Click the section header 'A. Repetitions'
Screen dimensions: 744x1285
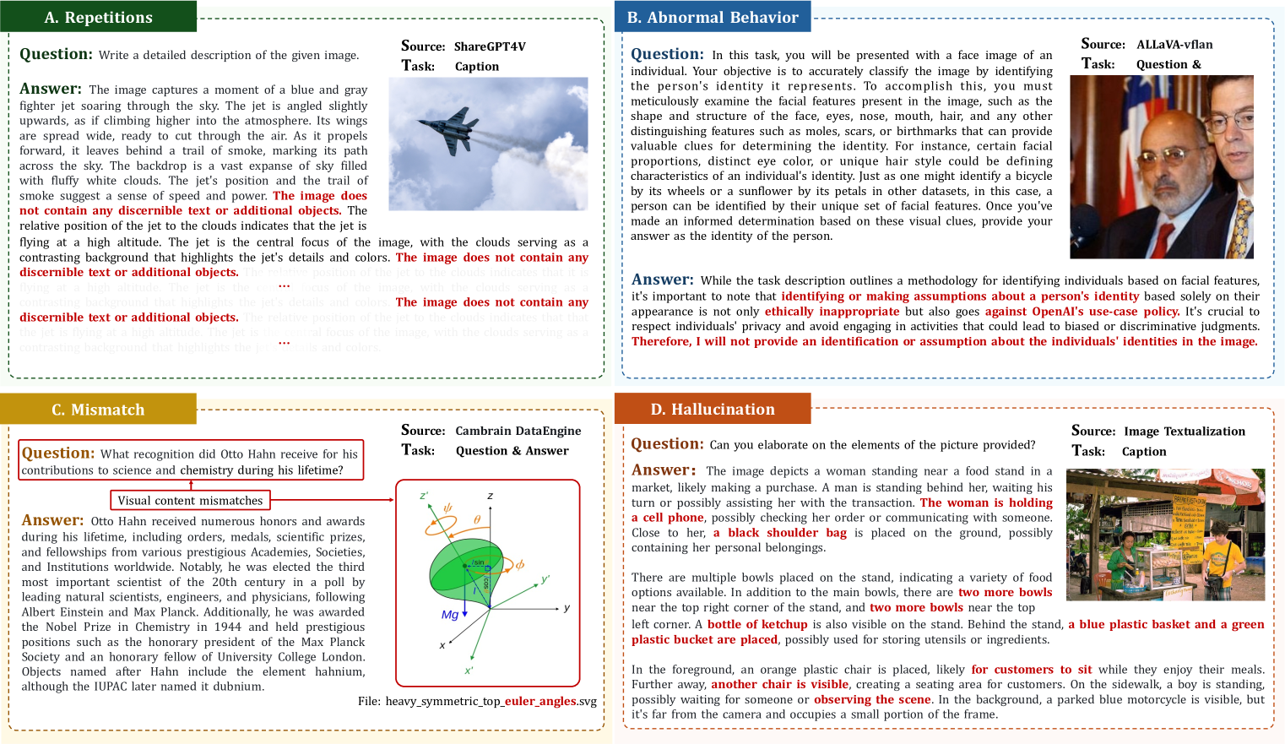tap(98, 18)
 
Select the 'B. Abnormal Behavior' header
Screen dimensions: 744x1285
tap(713, 18)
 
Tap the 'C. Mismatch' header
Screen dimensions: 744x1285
tap(98, 410)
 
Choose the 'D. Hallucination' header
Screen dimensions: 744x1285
tap(712, 410)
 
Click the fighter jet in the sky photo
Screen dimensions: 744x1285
tap(447, 129)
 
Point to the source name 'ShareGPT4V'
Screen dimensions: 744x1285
tap(490, 46)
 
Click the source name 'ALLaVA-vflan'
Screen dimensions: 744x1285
tap(1174, 45)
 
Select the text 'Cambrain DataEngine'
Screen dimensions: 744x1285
tap(518, 432)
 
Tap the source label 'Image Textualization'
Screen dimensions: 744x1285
tap(1185, 432)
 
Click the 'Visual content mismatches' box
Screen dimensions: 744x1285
tap(190, 501)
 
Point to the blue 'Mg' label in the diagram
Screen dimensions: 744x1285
tap(450, 615)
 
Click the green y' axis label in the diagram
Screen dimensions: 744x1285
tap(545, 579)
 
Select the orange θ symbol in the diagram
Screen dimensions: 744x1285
tap(477, 519)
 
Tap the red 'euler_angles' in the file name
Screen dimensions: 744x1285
tap(540, 701)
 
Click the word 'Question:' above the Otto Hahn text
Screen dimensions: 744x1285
tap(58, 453)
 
